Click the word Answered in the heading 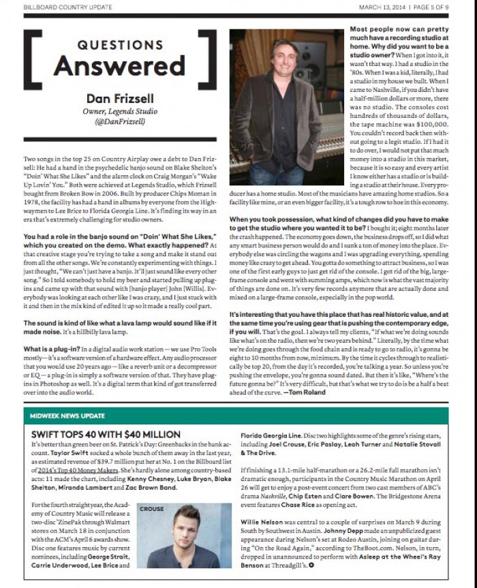tap(119, 65)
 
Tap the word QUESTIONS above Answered tap(119, 45)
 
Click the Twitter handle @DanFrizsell tap(119, 122)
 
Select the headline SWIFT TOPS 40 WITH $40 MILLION tap(106, 434)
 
